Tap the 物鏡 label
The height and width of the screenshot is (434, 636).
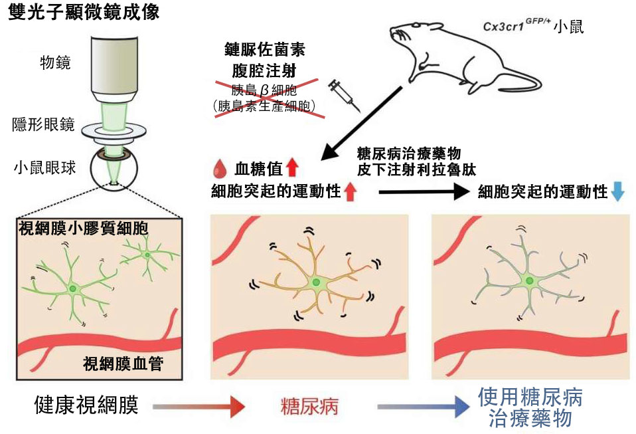(55, 63)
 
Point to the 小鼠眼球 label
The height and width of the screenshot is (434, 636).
(42, 167)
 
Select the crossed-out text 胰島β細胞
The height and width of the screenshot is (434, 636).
(264, 90)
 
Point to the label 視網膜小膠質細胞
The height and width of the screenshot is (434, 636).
(83, 228)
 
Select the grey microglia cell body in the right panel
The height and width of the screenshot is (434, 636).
(529, 282)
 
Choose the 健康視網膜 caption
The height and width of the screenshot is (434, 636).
(86, 405)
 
